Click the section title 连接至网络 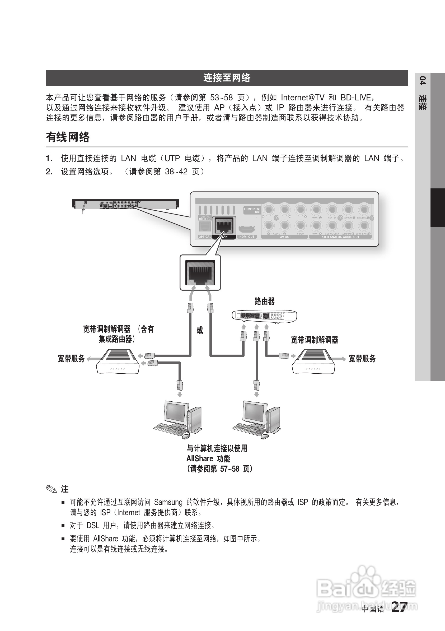[x=227, y=78]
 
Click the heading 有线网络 [x=68, y=137]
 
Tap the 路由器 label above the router [x=264, y=301]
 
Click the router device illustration [x=264, y=316]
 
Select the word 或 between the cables [x=200, y=330]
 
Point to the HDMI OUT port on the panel [x=247, y=228]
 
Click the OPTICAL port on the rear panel [x=205, y=227]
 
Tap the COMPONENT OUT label [x=252, y=210]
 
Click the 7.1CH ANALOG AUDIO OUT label [x=340, y=237]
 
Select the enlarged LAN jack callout [x=200, y=273]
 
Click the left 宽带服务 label [x=71, y=359]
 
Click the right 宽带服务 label [x=362, y=359]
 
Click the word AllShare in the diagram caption [x=200, y=459]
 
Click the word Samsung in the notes [x=168, y=502]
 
